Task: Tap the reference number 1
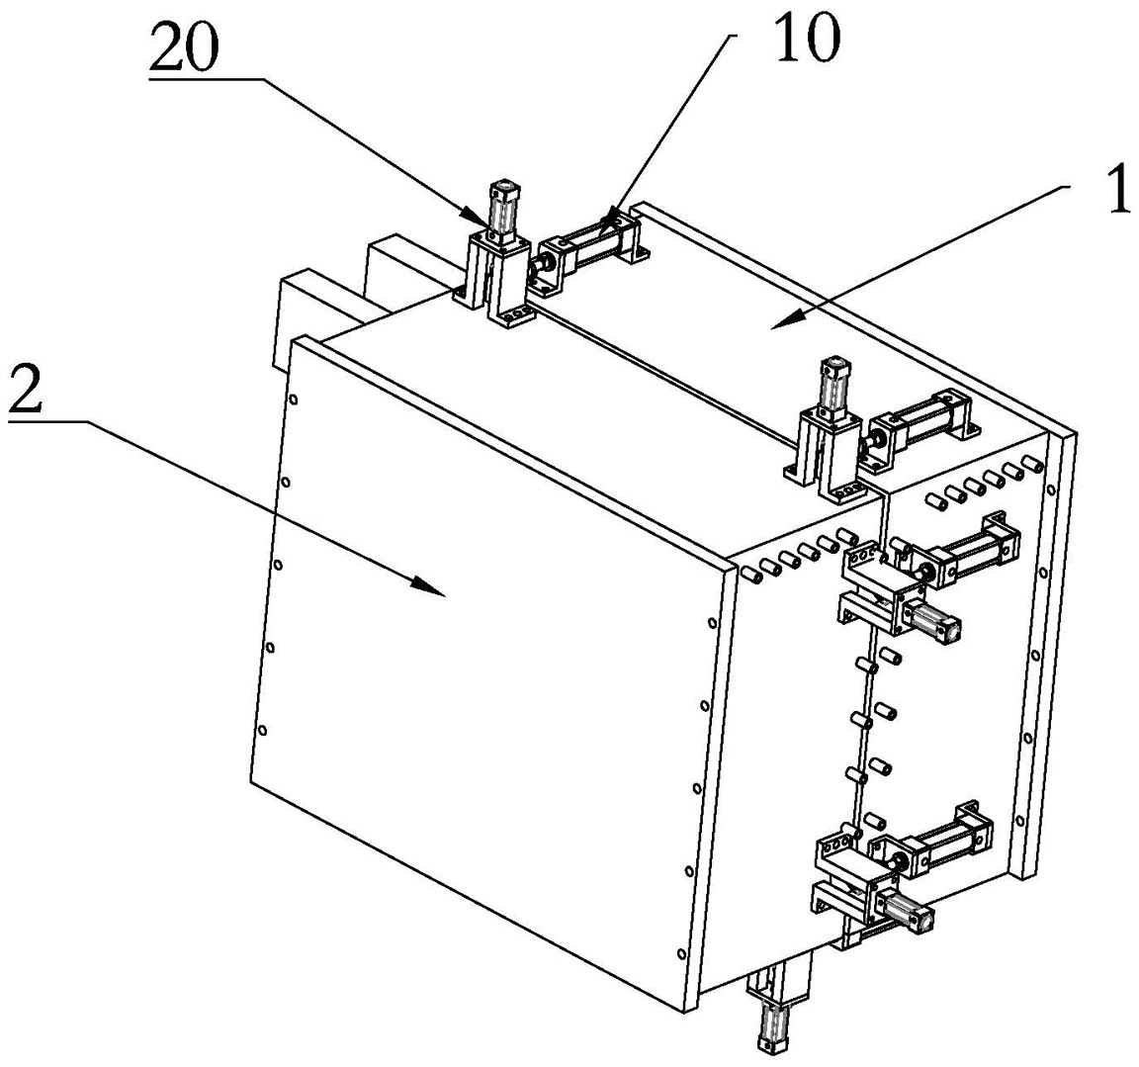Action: [x=1116, y=188]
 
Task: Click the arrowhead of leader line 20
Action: [x=483, y=220]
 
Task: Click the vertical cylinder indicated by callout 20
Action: [x=502, y=207]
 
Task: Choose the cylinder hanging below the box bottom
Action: [x=771, y=1024]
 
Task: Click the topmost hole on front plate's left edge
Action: [x=293, y=399]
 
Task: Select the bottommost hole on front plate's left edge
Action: [x=262, y=730]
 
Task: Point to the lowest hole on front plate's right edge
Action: [x=680, y=953]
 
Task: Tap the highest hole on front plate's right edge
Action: [x=712, y=622]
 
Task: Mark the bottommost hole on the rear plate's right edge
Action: [x=1020, y=820]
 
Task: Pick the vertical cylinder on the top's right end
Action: [x=832, y=385]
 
